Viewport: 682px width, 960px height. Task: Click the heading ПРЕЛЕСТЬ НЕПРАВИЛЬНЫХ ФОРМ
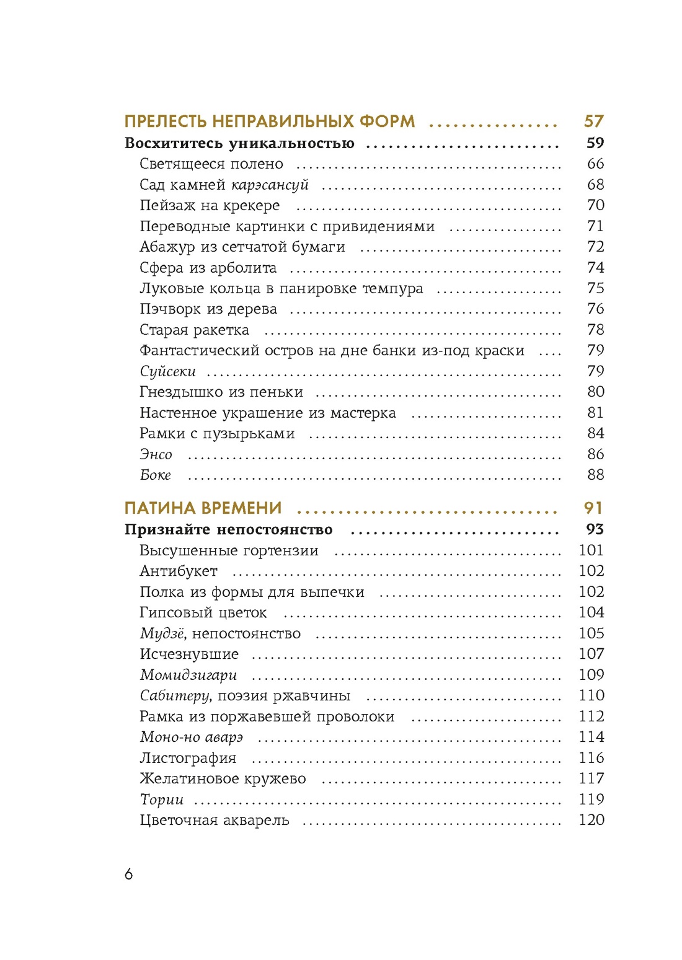coord(270,121)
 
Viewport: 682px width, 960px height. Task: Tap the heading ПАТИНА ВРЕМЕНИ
coord(203,508)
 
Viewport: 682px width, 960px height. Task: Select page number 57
coord(593,121)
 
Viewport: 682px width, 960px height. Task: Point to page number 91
coord(593,508)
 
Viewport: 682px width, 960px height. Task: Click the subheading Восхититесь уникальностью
coord(239,143)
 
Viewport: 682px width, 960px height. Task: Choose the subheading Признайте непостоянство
coord(228,530)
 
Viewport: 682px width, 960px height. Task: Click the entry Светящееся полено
coord(211,164)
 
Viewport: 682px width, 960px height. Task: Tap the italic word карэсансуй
coord(270,185)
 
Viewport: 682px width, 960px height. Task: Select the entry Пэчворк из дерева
coord(208,309)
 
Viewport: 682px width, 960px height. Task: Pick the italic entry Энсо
coord(156,454)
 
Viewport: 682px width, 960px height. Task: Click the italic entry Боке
coord(155,475)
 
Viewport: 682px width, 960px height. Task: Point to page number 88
coord(595,475)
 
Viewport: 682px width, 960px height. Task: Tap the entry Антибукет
coord(178,571)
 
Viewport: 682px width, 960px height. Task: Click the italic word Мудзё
coord(162,633)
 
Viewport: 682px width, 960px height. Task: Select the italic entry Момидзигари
coord(188,675)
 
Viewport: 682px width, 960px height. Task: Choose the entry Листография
coord(187,758)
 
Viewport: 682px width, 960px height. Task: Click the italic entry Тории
coord(161,799)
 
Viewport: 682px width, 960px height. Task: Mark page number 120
coord(591,820)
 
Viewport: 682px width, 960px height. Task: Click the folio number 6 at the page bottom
coord(128,874)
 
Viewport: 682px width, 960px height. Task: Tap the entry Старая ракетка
coord(194,330)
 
